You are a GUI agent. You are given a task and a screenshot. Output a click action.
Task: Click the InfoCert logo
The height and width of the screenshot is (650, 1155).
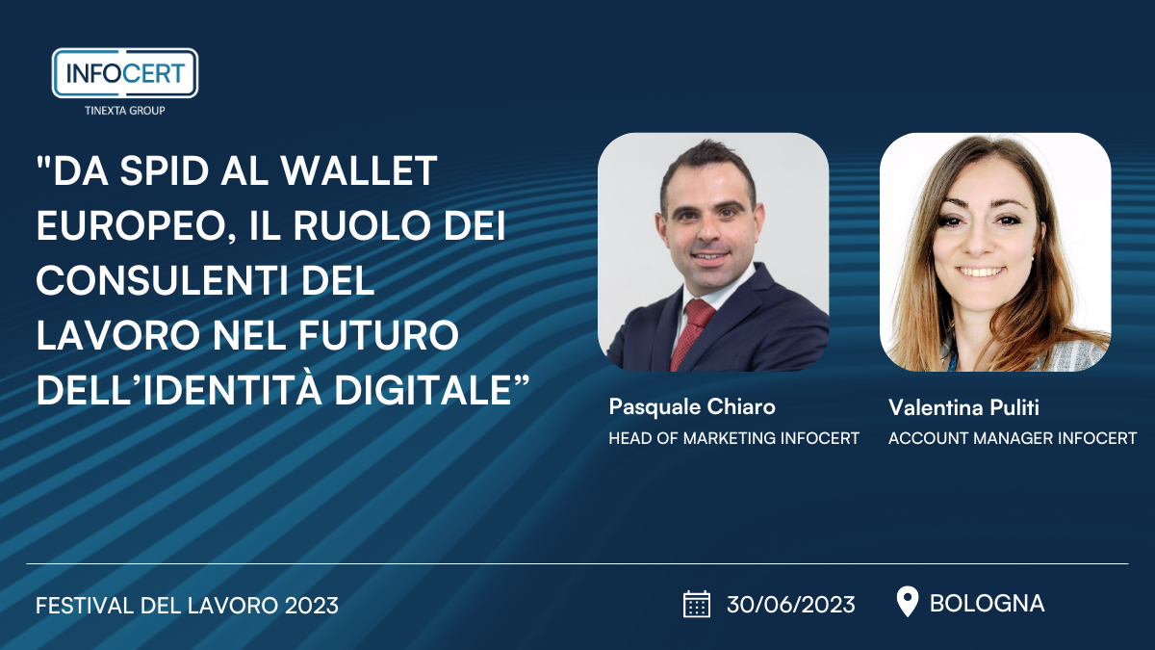click(x=125, y=73)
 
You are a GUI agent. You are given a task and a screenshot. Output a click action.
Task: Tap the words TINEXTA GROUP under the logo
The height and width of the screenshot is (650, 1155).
click(x=125, y=111)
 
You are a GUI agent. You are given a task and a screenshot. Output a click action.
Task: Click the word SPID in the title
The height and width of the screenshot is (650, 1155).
click(x=164, y=170)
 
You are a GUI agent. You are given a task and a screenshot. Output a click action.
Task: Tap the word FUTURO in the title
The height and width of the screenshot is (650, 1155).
click(x=378, y=335)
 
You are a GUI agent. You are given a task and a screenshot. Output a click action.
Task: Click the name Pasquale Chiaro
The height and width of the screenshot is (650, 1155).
click(x=692, y=407)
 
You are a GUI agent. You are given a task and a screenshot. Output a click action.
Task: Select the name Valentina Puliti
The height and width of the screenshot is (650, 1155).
click(x=963, y=407)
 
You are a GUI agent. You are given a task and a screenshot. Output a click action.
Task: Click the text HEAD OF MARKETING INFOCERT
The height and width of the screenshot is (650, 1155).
click(x=733, y=438)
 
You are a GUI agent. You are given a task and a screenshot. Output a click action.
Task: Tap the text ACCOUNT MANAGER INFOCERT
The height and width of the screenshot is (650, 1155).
click(x=1013, y=438)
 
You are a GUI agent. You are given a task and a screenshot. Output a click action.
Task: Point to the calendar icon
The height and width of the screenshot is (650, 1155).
click(x=697, y=604)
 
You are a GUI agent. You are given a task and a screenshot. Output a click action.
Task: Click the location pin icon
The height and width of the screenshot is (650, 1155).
click(x=908, y=602)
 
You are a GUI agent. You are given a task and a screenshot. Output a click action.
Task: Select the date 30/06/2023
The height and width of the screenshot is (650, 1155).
click(x=791, y=605)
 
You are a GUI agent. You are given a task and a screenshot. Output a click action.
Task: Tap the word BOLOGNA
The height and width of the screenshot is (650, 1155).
click(x=987, y=604)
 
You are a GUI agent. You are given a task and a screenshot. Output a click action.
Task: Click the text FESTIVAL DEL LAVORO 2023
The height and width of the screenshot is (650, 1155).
click(x=187, y=606)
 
